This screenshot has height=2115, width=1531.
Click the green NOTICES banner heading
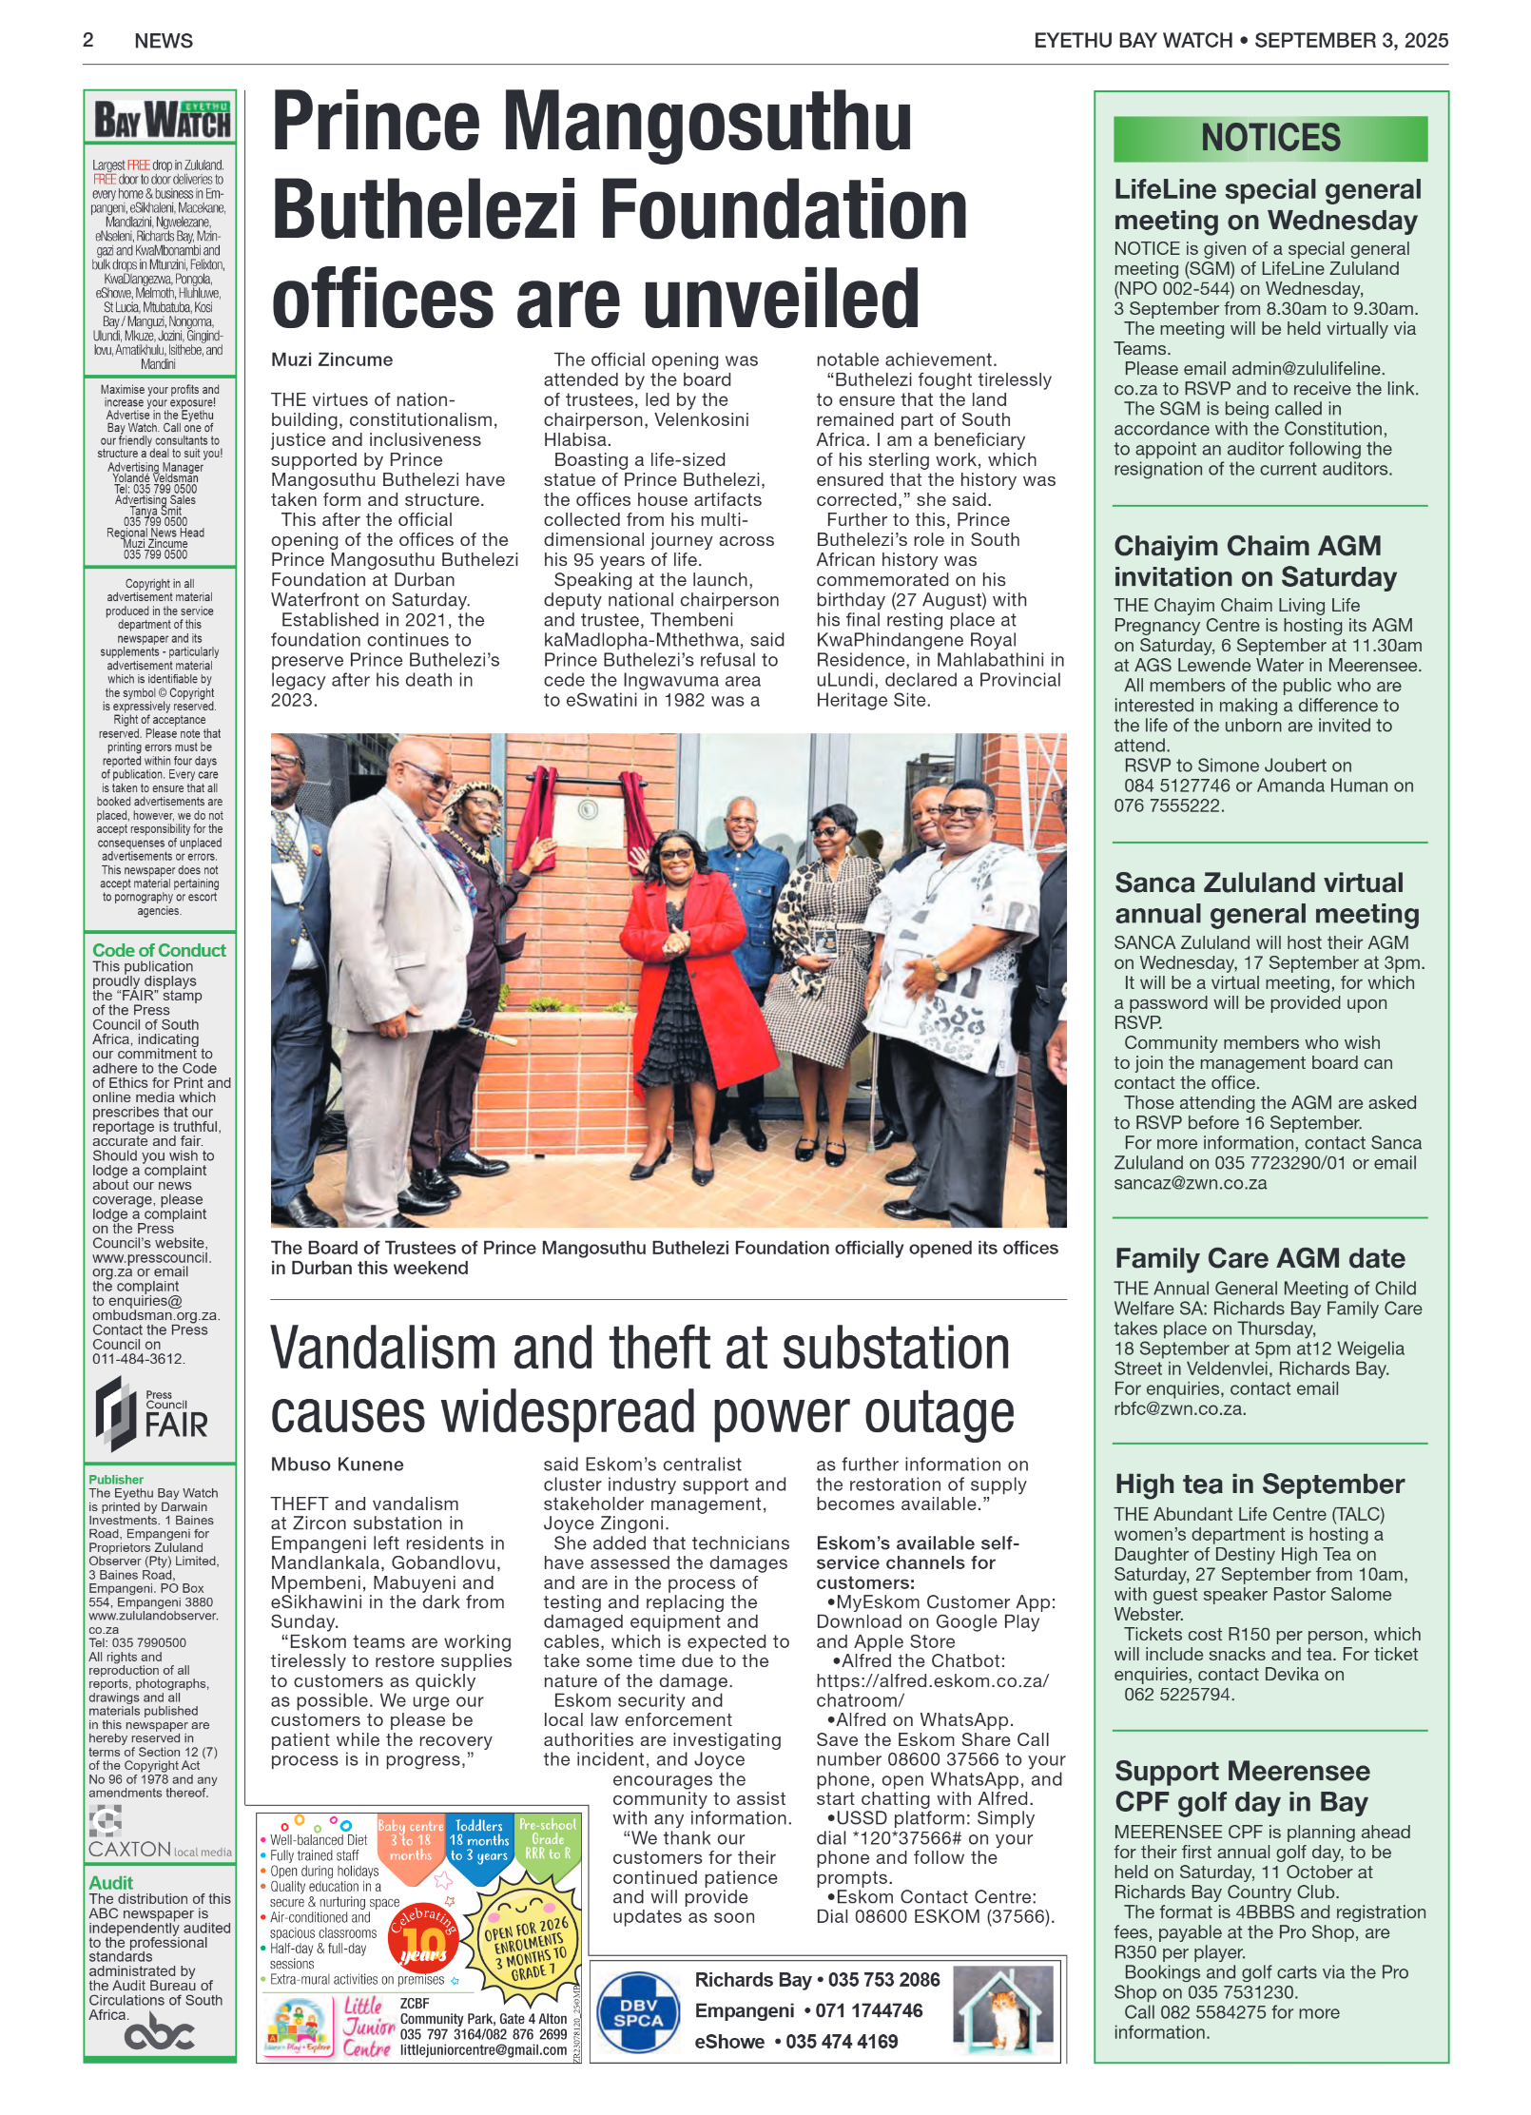1269,139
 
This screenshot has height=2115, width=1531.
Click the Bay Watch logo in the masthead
161,121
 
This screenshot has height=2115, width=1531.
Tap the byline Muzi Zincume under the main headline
331,359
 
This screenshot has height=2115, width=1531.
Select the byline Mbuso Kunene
337,1464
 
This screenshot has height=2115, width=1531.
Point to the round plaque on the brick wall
587,809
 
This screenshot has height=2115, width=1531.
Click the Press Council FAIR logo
151,1414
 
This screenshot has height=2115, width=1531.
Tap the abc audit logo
159,2033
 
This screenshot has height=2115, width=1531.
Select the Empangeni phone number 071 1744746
868,2010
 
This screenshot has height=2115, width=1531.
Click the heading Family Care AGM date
1259,1258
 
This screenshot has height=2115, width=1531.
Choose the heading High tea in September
1259,1484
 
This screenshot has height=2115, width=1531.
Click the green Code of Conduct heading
159,950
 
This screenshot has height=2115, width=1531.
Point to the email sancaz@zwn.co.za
1190,1183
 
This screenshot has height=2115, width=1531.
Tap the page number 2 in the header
88,40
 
